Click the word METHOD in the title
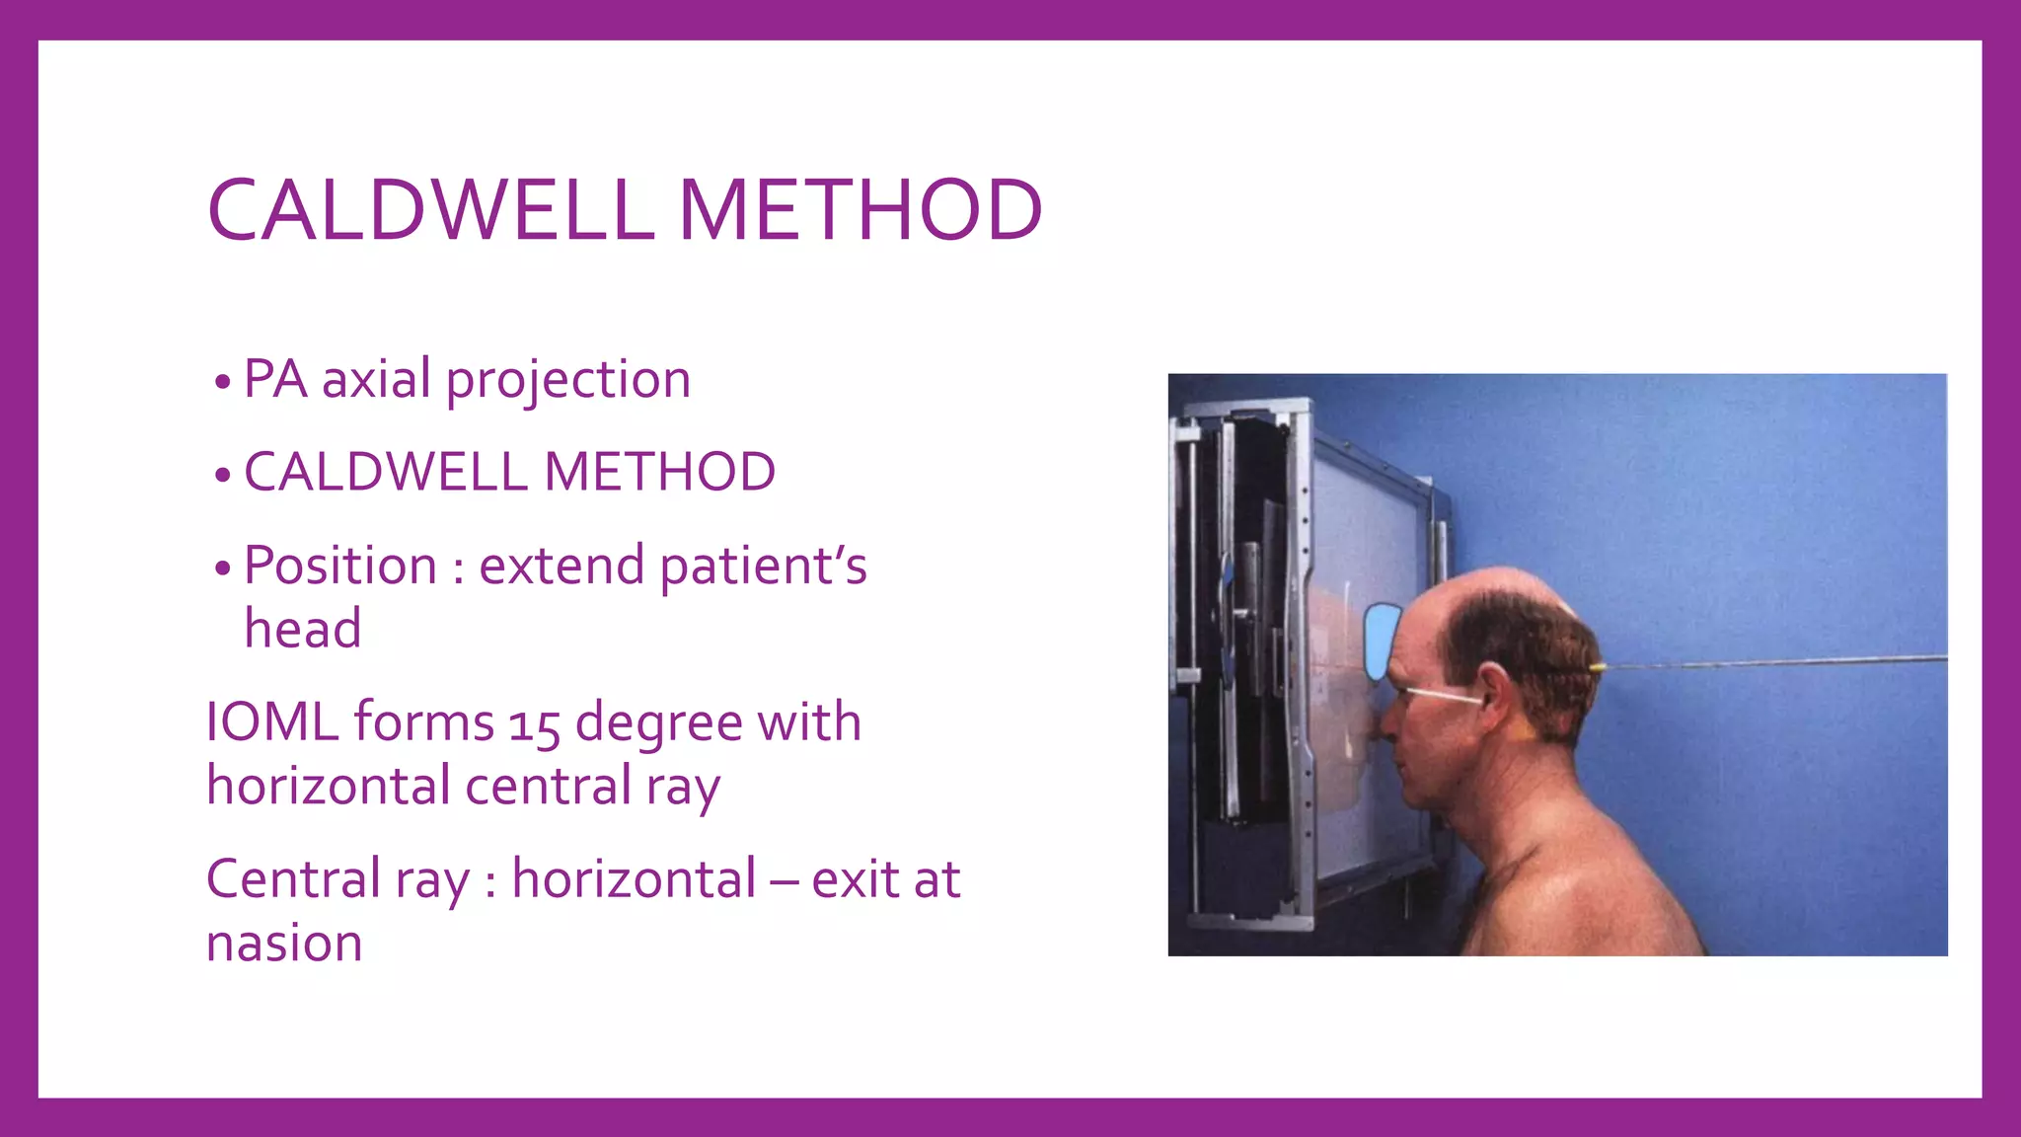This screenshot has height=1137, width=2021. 860,210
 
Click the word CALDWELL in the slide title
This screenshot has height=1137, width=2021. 430,210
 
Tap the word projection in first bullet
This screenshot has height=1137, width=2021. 567,380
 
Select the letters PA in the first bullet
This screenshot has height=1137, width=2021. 275,379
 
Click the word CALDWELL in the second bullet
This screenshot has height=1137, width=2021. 386,472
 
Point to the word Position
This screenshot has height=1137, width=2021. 340,566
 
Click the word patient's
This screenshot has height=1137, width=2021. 763,567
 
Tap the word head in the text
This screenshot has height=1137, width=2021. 303,629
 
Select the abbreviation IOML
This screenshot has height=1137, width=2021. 272,721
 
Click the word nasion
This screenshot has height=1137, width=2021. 284,943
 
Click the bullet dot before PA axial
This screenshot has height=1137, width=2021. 222,382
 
